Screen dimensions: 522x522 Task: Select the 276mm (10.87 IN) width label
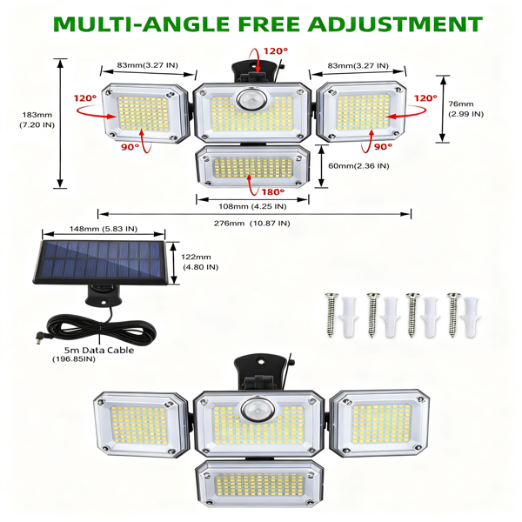[x=252, y=224]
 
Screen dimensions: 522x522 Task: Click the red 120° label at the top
[x=275, y=51]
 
